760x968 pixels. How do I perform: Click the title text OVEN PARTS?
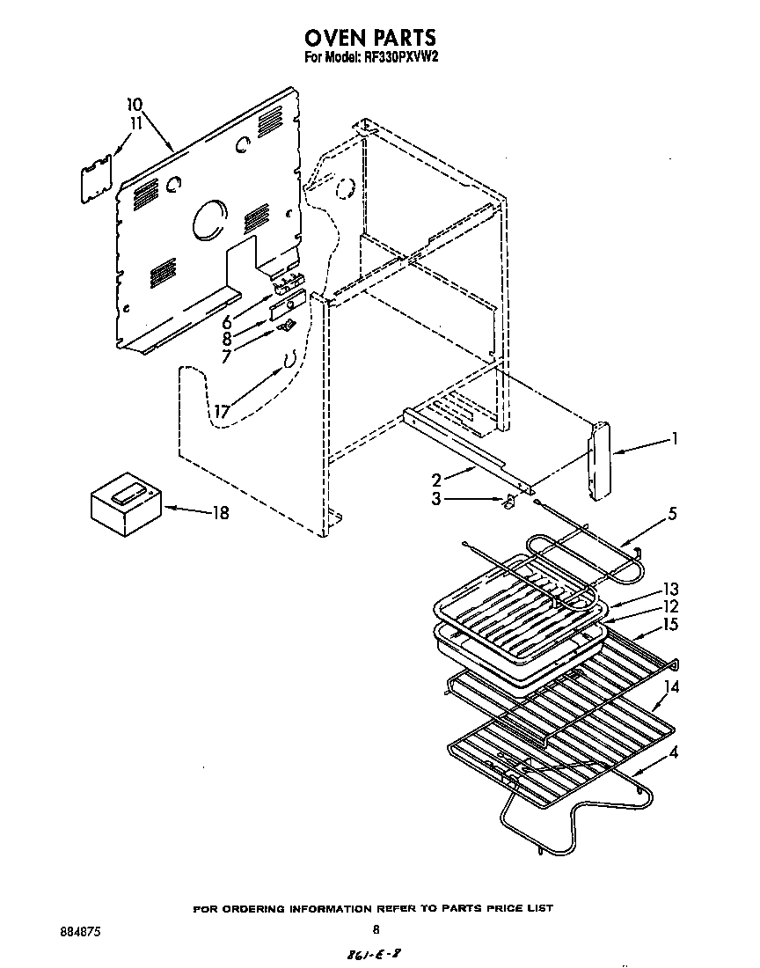(369, 38)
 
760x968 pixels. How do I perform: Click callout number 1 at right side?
(674, 437)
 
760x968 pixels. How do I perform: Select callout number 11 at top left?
(135, 124)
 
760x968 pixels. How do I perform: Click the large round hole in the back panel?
(208, 219)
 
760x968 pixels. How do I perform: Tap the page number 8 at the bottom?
(376, 929)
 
